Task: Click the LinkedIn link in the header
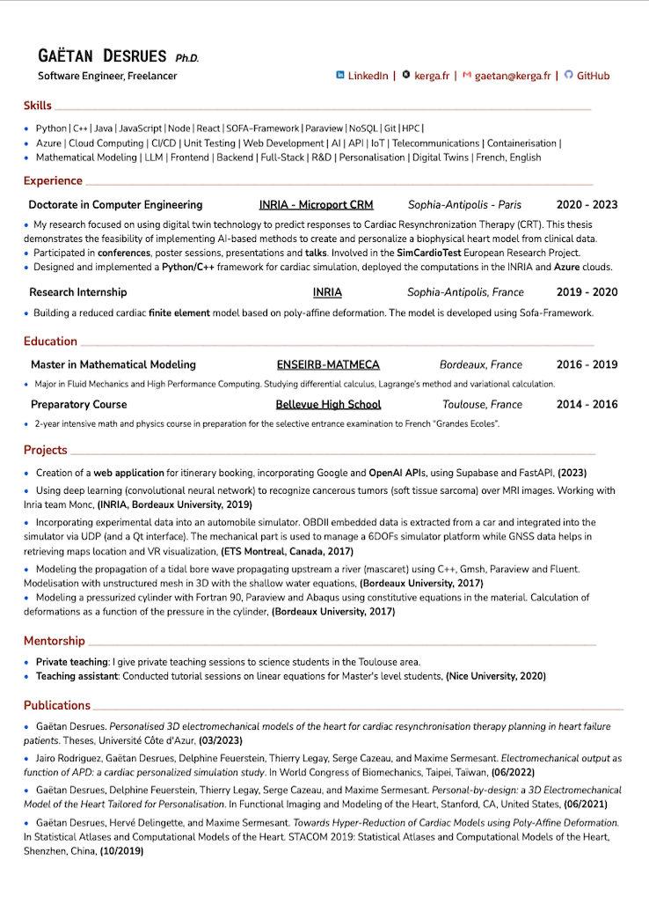(x=368, y=76)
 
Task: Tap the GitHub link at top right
(x=593, y=76)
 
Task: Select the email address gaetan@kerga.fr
(x=513, y=76)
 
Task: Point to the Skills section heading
(x=38, y=106)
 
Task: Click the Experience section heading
(x=53, y=180)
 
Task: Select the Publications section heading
(x=57, y=705)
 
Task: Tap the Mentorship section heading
(x=55, y=641)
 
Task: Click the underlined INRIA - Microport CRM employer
(x=317, y=204)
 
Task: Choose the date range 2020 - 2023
(x=587, y=204)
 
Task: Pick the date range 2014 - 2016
(x=587, y=404)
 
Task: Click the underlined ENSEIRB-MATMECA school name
(x=328, y=364)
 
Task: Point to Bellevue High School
(x=328, y=404)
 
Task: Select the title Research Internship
(x=77, y=291)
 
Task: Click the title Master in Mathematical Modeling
(x=113, y=364)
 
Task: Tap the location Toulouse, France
(x=482, y=404)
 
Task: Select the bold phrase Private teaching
(x=72, y=661)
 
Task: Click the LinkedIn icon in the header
(x=340, y=76)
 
